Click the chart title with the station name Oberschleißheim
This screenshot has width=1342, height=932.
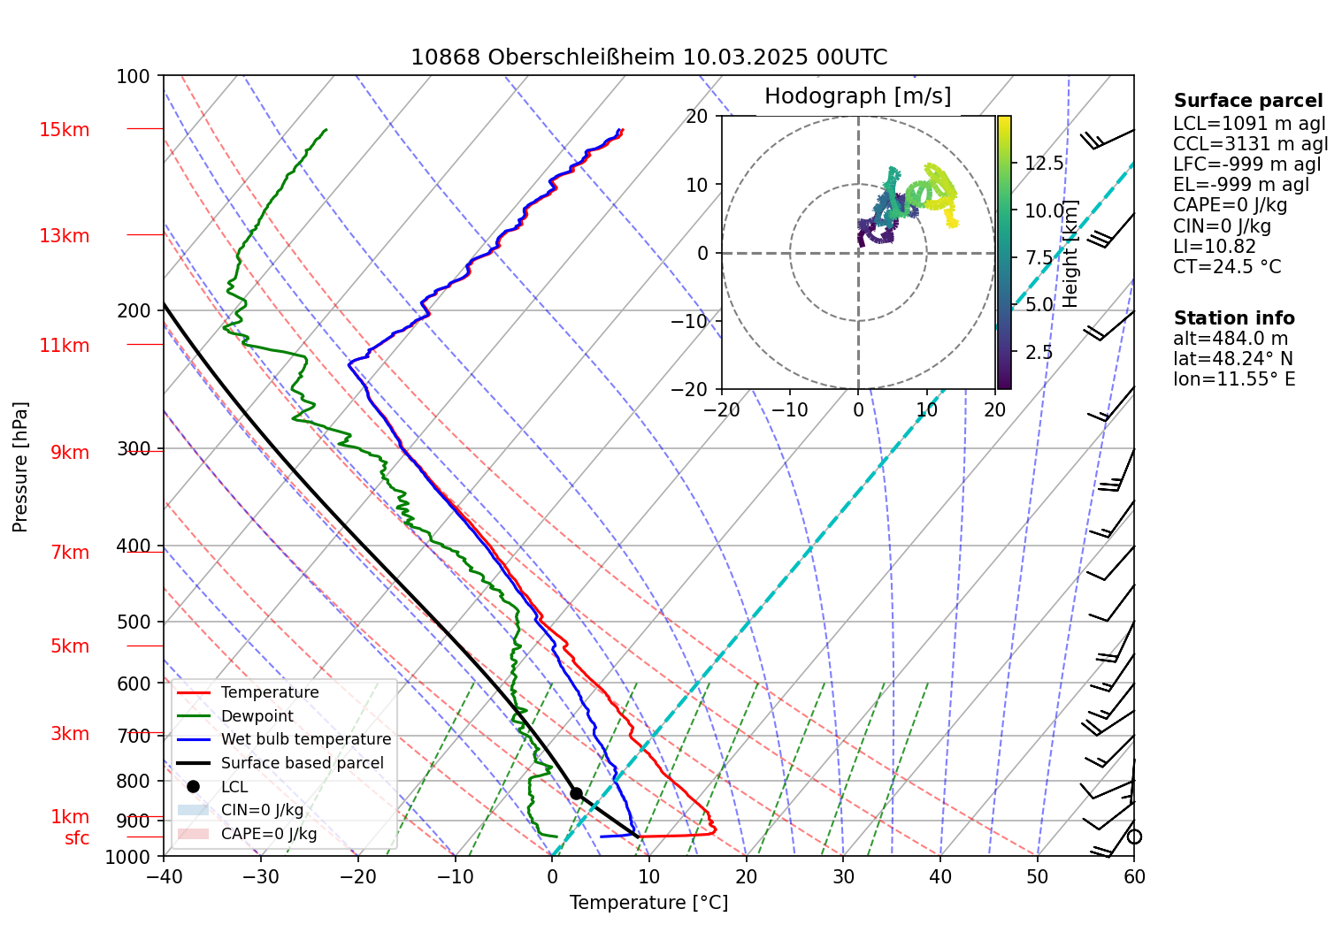(x=648, y=57)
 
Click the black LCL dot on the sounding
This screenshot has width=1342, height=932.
(x=576, y=793)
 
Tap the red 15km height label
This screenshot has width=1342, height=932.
(x=64, y=130)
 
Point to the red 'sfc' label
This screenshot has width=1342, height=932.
(x=77, y=838)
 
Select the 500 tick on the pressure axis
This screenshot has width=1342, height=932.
(x=134, y=622)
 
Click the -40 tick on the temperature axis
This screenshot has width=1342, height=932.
(x=164, y=876)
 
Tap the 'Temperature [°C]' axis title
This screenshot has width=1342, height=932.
(x=648, y=902)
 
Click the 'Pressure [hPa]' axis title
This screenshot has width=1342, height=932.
(x=20, y=467)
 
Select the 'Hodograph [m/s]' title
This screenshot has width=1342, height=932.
(x=857, y=95)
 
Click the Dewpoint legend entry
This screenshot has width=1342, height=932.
(x=257, y=716)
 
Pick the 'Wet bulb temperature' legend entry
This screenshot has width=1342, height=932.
(x=305, y=739)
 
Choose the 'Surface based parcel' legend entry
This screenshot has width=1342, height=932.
(x=302, y=763)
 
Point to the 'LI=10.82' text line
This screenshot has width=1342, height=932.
(x=1214, y=247)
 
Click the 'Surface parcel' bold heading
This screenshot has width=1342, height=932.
(x=1247, y=101)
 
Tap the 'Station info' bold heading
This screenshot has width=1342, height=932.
(x=1233, y=318)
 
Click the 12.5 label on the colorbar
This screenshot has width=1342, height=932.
(x=1044, y=164)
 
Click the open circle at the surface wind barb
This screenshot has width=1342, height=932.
(x=1134, y=837)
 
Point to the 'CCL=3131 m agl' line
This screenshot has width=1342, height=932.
(x=1250, y=144)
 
